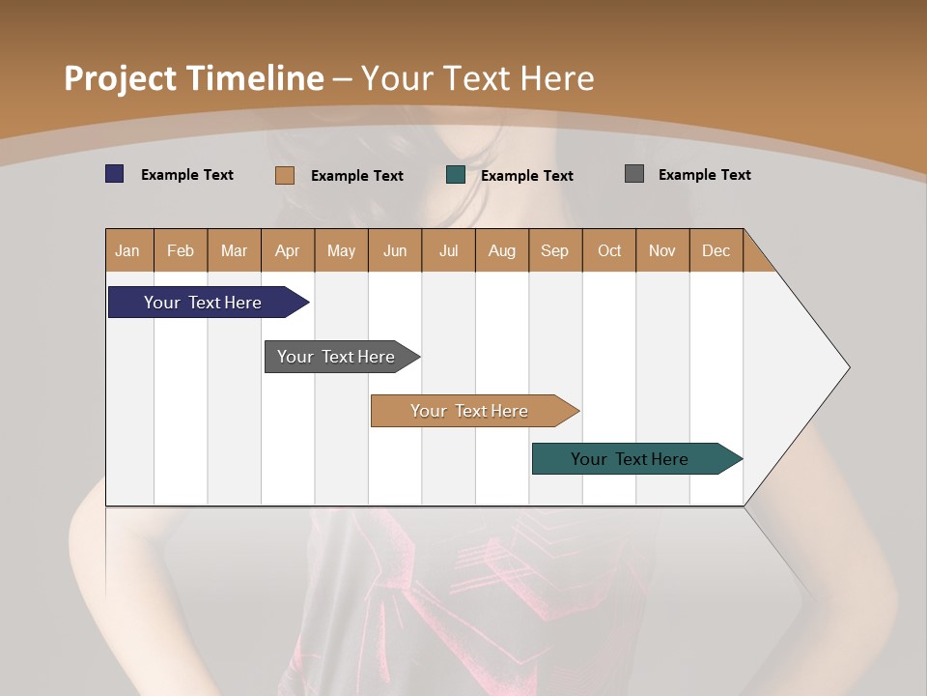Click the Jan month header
127,250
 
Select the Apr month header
287,250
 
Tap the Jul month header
448,250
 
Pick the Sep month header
554,250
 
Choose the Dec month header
716,250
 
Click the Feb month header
181,250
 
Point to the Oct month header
609,250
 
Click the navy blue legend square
115,174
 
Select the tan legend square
285,175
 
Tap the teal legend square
456,175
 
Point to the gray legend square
634,174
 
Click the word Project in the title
120,78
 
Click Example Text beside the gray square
704,175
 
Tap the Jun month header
395,250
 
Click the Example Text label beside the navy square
187,175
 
